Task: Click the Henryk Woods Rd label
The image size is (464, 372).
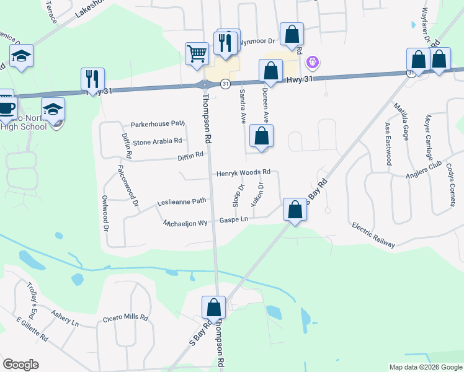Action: pyautogui.click(x=243, y=172)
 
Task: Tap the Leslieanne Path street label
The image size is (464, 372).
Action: pyautogui.click(x=181, y=201)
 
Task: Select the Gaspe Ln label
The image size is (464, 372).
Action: pyautogui.click(x=234, y=219)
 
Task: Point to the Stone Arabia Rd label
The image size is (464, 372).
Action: pyautogui.click(x=158, y=141)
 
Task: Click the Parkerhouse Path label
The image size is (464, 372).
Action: pyautogui.click(x=158, y=124)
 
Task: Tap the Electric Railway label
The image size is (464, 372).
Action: pyautogui.click(x=373, y=235)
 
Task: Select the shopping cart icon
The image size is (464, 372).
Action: pyautogui.click(x=197, y=53)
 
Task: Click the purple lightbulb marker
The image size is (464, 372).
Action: pyautogui.click(x=313, y=63)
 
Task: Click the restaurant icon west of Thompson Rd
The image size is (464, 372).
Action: pyautogui.click(x=92, y=79)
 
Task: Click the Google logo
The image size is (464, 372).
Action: pyautogui.click(x=21, y=365)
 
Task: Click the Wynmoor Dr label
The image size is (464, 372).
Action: pyautogui.click(x=259, y=38)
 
